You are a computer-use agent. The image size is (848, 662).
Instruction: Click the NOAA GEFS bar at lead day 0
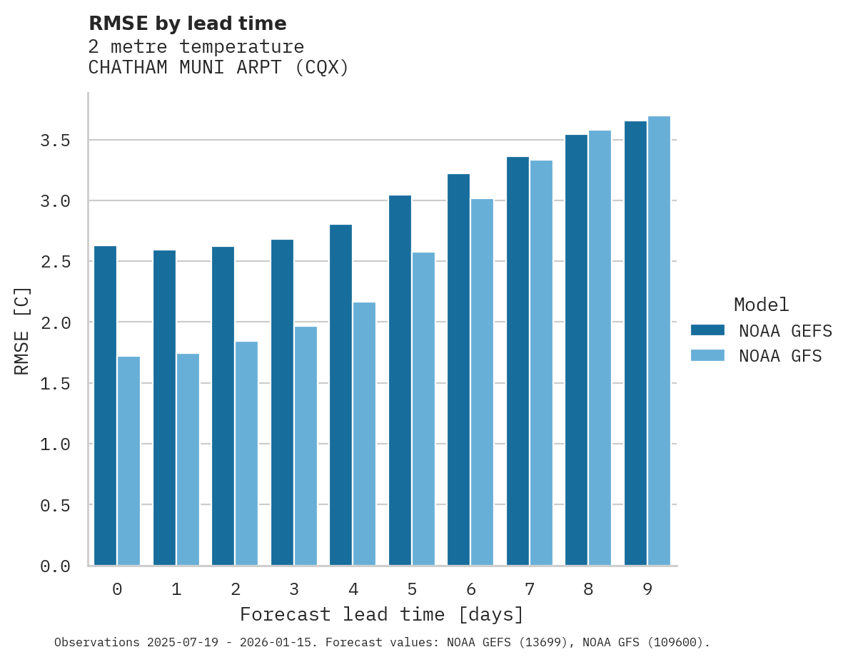click(105, 406)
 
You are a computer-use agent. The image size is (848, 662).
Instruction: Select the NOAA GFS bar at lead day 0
click(128, 461)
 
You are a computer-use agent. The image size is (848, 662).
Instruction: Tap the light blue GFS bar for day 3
click(306, 446)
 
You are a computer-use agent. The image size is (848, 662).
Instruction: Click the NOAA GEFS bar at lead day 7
click(518, 361)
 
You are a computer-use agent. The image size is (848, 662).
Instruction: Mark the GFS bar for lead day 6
click(482, 382)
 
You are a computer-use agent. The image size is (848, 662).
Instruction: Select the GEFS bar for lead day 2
click(223, 406)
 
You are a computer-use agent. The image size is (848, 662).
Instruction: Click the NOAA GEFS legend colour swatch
click(707, 330)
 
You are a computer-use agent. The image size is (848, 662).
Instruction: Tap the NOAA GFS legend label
click(780, 355)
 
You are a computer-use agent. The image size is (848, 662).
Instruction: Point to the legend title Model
click(761, 305)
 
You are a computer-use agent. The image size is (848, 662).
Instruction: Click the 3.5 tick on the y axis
click(55, 141)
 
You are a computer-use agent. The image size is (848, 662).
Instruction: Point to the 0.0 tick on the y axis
click(55, 566)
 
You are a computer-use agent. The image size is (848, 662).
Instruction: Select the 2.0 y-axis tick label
click(55, 323)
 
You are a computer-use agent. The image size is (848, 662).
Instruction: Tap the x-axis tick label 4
click(353, 589)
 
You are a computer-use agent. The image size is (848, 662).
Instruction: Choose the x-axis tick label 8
click(588, 589)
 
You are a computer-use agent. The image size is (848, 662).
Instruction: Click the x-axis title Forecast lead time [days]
click(382, 614)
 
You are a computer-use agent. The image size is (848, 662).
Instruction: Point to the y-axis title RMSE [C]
click(22, 330)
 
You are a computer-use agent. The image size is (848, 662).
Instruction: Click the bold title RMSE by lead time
click(187, 24)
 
